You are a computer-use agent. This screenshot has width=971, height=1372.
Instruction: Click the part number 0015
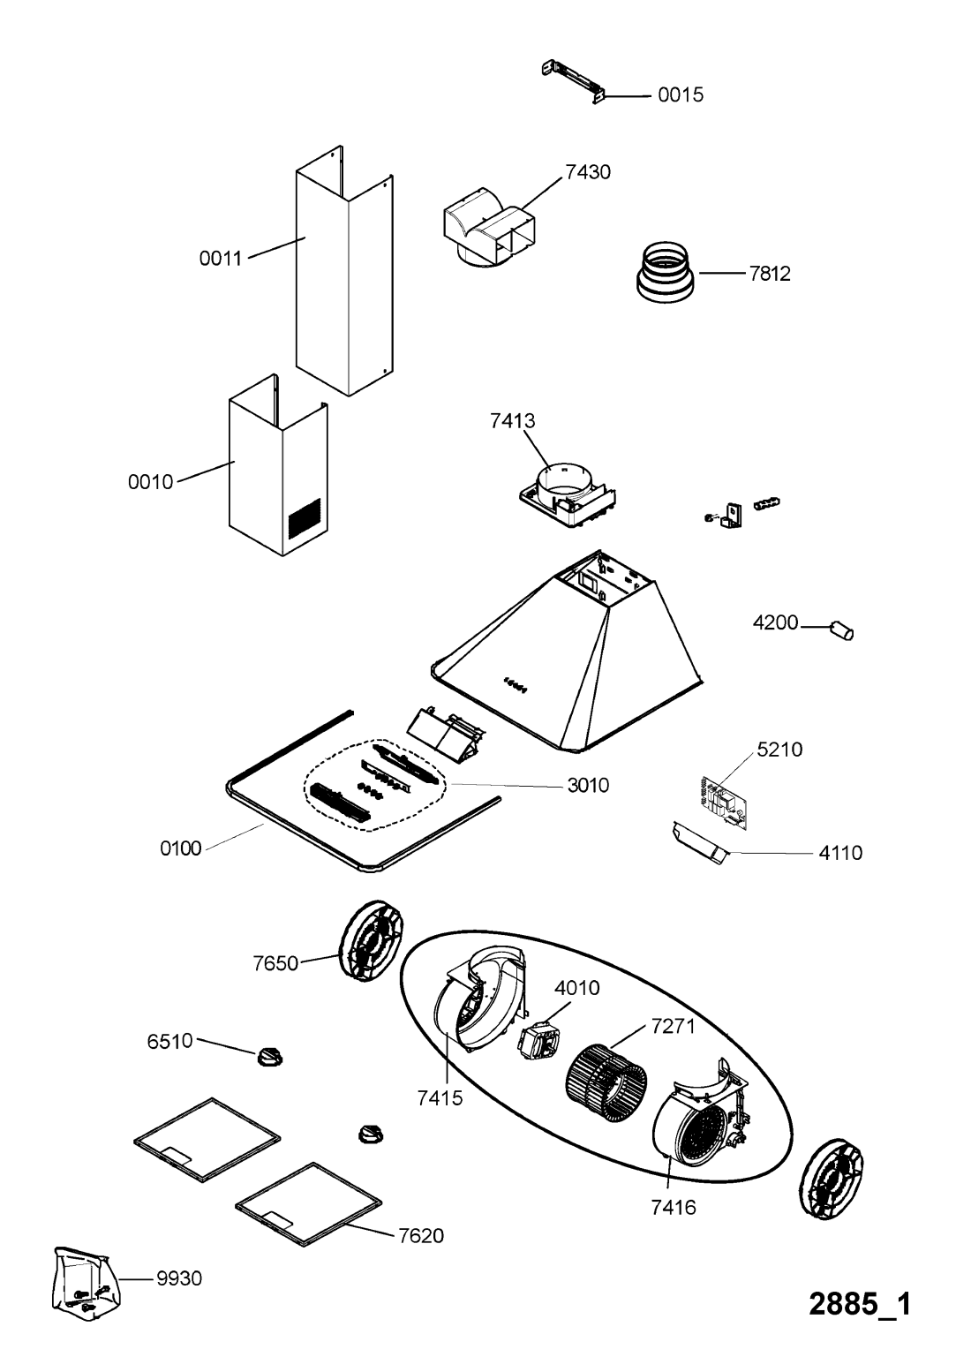681,95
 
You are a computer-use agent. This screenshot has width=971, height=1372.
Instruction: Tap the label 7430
588,172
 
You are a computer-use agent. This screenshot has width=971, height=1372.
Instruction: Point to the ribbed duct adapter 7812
665,273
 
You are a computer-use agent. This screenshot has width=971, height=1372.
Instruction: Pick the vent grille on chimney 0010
305,518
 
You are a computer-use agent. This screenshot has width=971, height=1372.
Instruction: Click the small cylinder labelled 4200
842,630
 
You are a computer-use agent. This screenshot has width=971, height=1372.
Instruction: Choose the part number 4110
840,853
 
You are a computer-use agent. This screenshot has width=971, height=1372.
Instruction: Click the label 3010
589,785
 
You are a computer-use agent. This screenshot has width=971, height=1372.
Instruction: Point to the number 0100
181,848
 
